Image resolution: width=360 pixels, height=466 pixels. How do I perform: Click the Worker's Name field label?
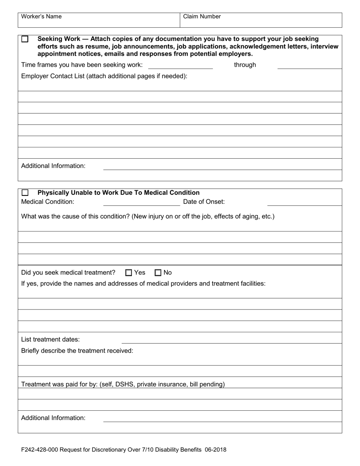pos(41,17)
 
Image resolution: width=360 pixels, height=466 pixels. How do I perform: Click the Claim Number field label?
pos(202,17)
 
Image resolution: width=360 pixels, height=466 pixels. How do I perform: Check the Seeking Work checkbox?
pos(25,39)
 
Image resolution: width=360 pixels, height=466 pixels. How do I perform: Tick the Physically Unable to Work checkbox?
pos(25,193)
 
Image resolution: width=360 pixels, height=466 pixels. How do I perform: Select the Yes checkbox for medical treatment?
pos(129,272)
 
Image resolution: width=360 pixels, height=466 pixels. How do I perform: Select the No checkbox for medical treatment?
pos(158,272)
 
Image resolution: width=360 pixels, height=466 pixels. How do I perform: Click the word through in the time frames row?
pos(245,65)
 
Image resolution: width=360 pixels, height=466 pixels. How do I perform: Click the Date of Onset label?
pos(203,202)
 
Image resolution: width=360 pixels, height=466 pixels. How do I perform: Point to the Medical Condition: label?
pos(48,202)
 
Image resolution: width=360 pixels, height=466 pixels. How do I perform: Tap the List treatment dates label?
pos(50,339)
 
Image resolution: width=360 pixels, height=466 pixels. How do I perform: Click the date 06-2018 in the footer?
pos(215,450)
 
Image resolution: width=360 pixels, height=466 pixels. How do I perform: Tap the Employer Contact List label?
pos(104,76)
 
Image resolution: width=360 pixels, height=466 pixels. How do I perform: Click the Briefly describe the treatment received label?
pos(77,351)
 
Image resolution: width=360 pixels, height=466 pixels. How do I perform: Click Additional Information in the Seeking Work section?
pos(53,166)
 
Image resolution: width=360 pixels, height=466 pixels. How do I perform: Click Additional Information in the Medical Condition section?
pos(53,418)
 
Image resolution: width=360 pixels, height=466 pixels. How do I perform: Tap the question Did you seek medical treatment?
pos(68,272)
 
